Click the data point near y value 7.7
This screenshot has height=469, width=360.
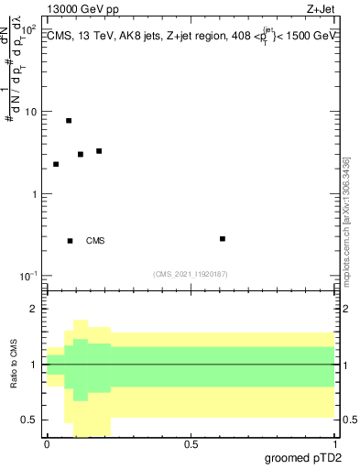coord(69,121)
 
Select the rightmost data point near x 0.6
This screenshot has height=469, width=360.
coord(223,239)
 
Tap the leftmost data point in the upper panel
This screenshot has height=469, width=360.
coord(56,164)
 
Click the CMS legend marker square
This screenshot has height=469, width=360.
coord(70,241)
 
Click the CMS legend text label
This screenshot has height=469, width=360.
coord(95,241)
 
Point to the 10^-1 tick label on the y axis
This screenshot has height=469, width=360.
coord(29,276)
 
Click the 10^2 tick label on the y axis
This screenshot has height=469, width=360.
coord(29,29)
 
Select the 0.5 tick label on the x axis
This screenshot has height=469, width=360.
coord(191,444)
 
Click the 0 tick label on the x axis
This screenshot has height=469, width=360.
coord(47,444)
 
